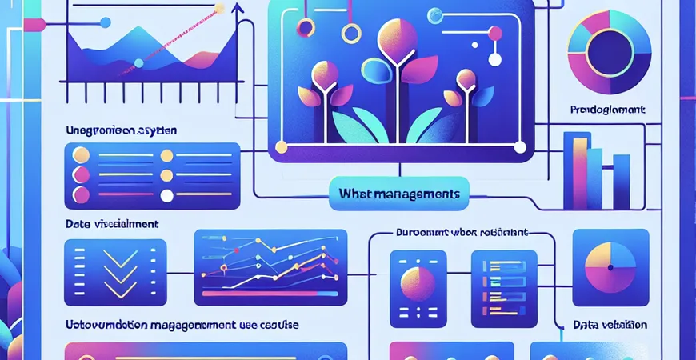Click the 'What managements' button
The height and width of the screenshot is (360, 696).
tap(398, 194)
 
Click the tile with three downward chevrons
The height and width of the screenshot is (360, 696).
tap(114, 272)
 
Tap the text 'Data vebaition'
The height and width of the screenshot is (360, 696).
tap(610, 326)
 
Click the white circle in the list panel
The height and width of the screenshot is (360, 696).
tap(166, 195)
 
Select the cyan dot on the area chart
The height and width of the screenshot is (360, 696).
tap(139, 62)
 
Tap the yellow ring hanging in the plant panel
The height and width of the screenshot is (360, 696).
tap(350, 34)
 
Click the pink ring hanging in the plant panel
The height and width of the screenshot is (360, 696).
tap(305, 28)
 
